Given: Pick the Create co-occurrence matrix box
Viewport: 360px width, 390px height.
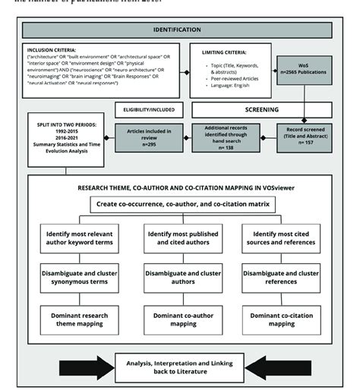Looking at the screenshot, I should pyautogui.click(x=181, y=205).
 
